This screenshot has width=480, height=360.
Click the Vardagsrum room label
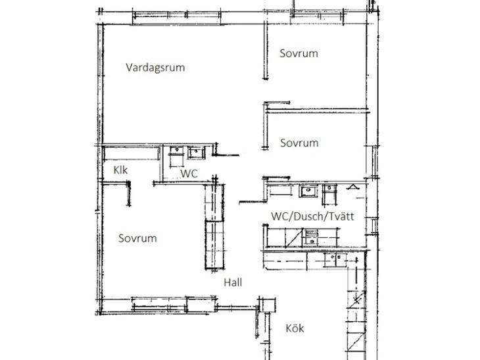(x=155, y=68)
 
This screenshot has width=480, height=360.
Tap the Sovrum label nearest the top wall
(x=299, y=53)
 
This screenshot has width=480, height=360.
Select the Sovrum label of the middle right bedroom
(x=299, y=143)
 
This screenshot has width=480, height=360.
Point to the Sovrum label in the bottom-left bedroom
(x=137, y=238)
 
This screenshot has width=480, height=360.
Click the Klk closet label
(x=120, y=170)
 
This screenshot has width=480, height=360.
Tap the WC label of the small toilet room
(x=189, y=173)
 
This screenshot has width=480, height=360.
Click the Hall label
(x=233, y=282)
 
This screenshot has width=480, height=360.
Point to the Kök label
(x=295, y=328)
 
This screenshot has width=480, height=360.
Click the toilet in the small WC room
(x=176, y=156)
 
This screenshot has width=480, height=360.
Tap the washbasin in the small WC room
(x=196, y=152)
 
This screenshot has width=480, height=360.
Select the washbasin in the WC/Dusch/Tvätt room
(x=308, y=191)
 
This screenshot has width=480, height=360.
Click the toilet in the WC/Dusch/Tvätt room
(x=329, y=194)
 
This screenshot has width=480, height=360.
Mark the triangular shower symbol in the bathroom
(x=353, y=187)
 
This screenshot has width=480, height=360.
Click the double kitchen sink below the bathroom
(x=335, y=260)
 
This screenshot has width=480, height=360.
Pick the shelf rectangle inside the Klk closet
(x=132, y=154)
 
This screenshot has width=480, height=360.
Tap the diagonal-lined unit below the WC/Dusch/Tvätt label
(x=293, y=238)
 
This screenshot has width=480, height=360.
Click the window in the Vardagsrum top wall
(x=177, y=18)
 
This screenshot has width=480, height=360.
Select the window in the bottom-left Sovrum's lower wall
(x=159, y=305)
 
